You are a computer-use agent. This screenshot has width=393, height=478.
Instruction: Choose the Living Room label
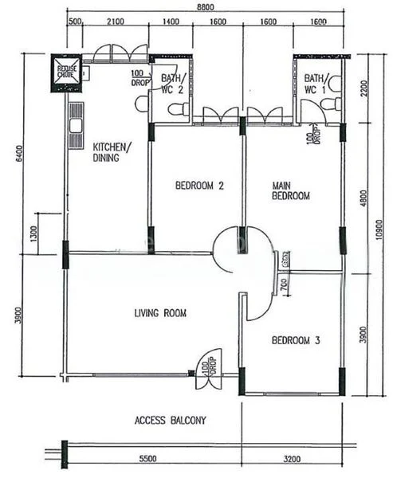click(x=160, y=313)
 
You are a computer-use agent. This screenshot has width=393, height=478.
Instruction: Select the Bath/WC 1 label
click(x=316, y=84)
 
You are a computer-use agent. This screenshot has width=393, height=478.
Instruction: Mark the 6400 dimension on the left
click(x=18, y=154)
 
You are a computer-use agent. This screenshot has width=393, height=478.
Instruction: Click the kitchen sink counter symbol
click(x=77, y=119)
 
